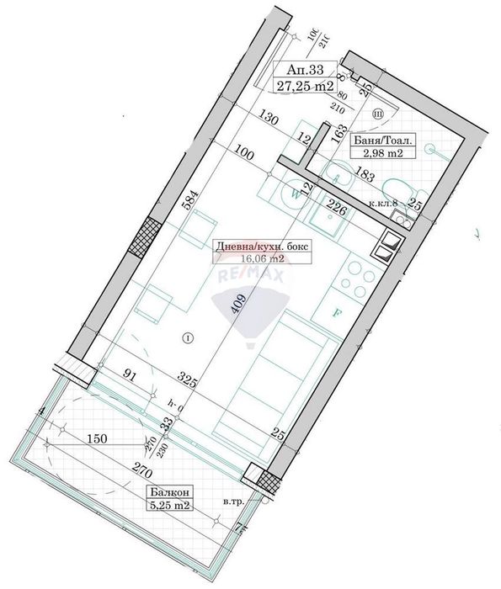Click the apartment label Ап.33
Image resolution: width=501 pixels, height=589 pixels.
click(306, 70)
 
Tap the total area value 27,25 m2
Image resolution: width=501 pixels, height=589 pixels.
click(306, 85)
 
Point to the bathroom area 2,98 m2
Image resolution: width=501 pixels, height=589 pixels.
click(381, 154)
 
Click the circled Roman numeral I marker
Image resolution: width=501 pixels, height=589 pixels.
click(188, 338)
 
